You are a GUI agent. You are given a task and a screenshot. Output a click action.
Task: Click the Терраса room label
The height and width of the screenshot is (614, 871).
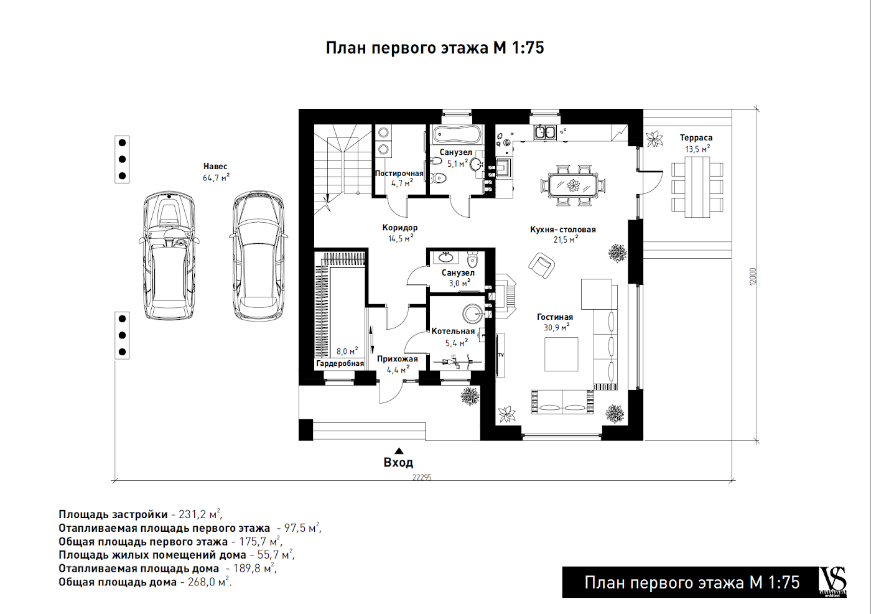click(696, 137)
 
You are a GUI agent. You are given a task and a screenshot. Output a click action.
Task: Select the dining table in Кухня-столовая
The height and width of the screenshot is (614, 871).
click(573, 185)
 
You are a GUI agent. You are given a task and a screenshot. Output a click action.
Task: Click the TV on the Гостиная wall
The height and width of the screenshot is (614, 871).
click(500, 355)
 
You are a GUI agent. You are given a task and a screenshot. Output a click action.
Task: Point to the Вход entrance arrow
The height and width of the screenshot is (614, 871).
click(399, 451)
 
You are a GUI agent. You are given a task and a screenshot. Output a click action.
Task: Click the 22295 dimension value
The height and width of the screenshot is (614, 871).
click(422, 478)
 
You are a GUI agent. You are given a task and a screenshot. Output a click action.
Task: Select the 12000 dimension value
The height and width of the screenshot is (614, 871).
click(753, 276)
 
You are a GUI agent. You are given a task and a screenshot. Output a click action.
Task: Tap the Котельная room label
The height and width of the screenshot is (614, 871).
click(453, 332)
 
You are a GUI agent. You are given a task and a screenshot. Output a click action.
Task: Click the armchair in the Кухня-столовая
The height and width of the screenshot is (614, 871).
click(541, 265)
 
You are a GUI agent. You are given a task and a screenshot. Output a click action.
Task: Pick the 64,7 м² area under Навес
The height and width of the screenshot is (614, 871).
click(216, 178)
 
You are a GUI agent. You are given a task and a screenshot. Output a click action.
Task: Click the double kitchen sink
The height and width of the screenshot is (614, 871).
click(545, 133)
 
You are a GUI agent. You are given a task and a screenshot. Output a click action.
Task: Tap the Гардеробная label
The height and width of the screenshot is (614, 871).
click(340, 363)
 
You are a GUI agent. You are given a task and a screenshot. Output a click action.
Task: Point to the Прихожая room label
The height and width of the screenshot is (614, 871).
click(397, 359)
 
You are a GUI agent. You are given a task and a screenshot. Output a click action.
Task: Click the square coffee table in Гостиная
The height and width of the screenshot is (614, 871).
click(561, 354)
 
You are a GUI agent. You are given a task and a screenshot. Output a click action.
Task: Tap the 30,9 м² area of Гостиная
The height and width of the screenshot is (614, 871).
click(556, 327)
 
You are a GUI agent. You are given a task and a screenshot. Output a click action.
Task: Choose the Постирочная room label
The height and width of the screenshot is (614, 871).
click(399, 174)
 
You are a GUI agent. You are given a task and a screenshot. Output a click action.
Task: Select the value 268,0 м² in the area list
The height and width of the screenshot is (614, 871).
click(208, 582)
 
